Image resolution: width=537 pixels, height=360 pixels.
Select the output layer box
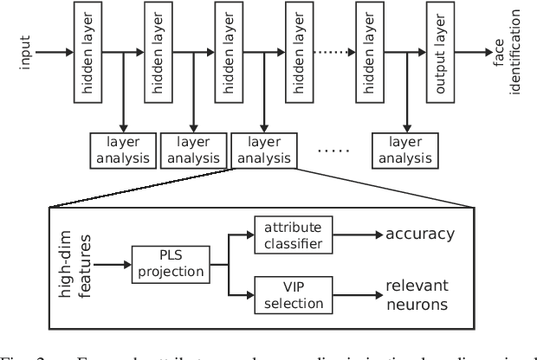(440, 53)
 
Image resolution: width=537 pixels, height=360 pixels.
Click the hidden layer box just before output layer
(371, 53)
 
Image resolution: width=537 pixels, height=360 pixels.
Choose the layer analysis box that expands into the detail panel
(263, 148)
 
